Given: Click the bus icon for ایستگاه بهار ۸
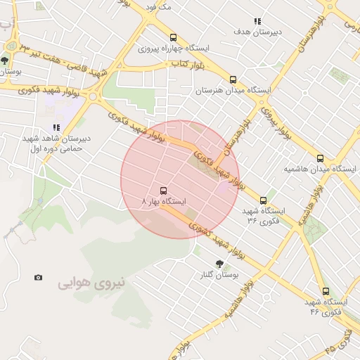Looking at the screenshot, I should [x=164, y=191].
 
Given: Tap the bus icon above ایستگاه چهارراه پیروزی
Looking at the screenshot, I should [x=173, y=38].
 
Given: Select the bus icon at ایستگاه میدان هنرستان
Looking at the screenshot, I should [x=233, y=79].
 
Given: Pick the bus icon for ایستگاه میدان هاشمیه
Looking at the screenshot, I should [x=321, y=158].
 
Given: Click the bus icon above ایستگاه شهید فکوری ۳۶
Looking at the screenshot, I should [x=264, y=200].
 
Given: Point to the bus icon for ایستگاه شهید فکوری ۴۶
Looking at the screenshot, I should [x=325, y=290].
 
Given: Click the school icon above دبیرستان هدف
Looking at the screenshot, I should [x=258, y=22].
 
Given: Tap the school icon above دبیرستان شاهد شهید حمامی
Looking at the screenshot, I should [x=56, y=127].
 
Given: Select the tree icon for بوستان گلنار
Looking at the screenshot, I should [x=220, y=264].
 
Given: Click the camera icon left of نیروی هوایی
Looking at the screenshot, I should [x=38, y=277].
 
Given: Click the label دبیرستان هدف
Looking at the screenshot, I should [x=259, y=32].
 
